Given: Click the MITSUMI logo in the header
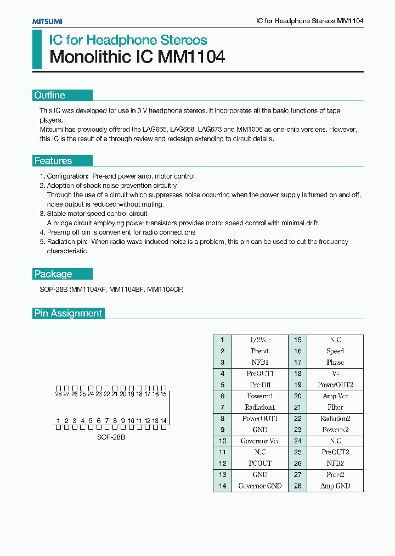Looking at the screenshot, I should point(47,21).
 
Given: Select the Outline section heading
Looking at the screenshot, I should point(50,96).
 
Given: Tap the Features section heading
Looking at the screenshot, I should point(53,161).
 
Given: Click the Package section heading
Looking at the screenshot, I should point(53,274).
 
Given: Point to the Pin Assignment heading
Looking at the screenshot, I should point(68,313).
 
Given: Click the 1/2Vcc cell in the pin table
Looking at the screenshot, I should point(259,340).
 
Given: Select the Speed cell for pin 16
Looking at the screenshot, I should point(335,351).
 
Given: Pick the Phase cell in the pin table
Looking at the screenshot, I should point(335,363).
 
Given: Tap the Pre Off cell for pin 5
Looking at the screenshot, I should point(259,385).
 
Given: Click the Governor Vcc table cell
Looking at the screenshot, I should point(259,441).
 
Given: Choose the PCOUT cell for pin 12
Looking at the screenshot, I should point(259,464).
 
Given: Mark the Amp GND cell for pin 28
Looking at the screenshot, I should point(335,486).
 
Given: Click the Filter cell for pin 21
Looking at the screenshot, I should point(335,408).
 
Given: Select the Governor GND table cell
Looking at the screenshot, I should point(259,486).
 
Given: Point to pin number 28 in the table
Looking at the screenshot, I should point(298,486).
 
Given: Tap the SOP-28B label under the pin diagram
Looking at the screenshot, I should point(111,437).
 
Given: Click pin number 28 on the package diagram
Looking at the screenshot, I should point(58,394).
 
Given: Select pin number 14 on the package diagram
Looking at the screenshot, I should point(163,421).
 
